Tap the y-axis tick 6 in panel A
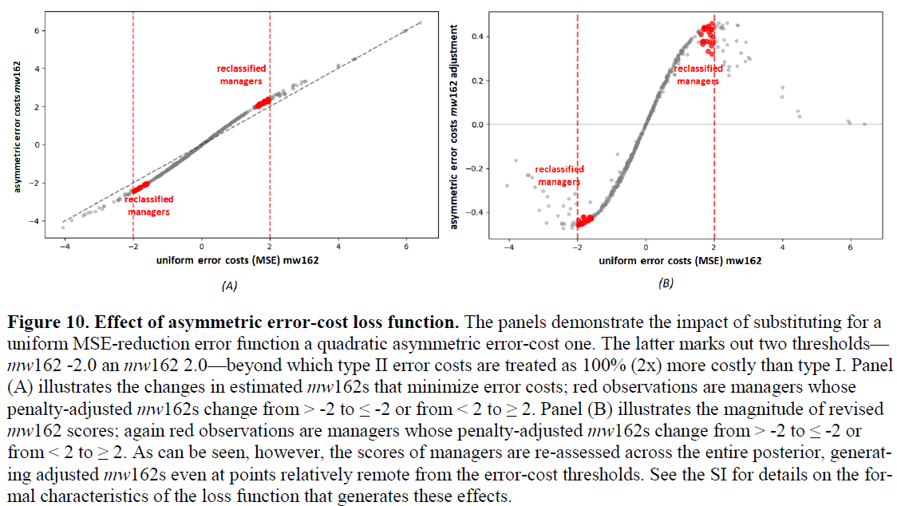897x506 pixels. pos(37,30)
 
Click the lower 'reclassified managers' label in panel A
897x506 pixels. pos(149,205)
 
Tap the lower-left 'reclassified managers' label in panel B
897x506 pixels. pos(559,175)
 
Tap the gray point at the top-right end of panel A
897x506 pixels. pos(421,23)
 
